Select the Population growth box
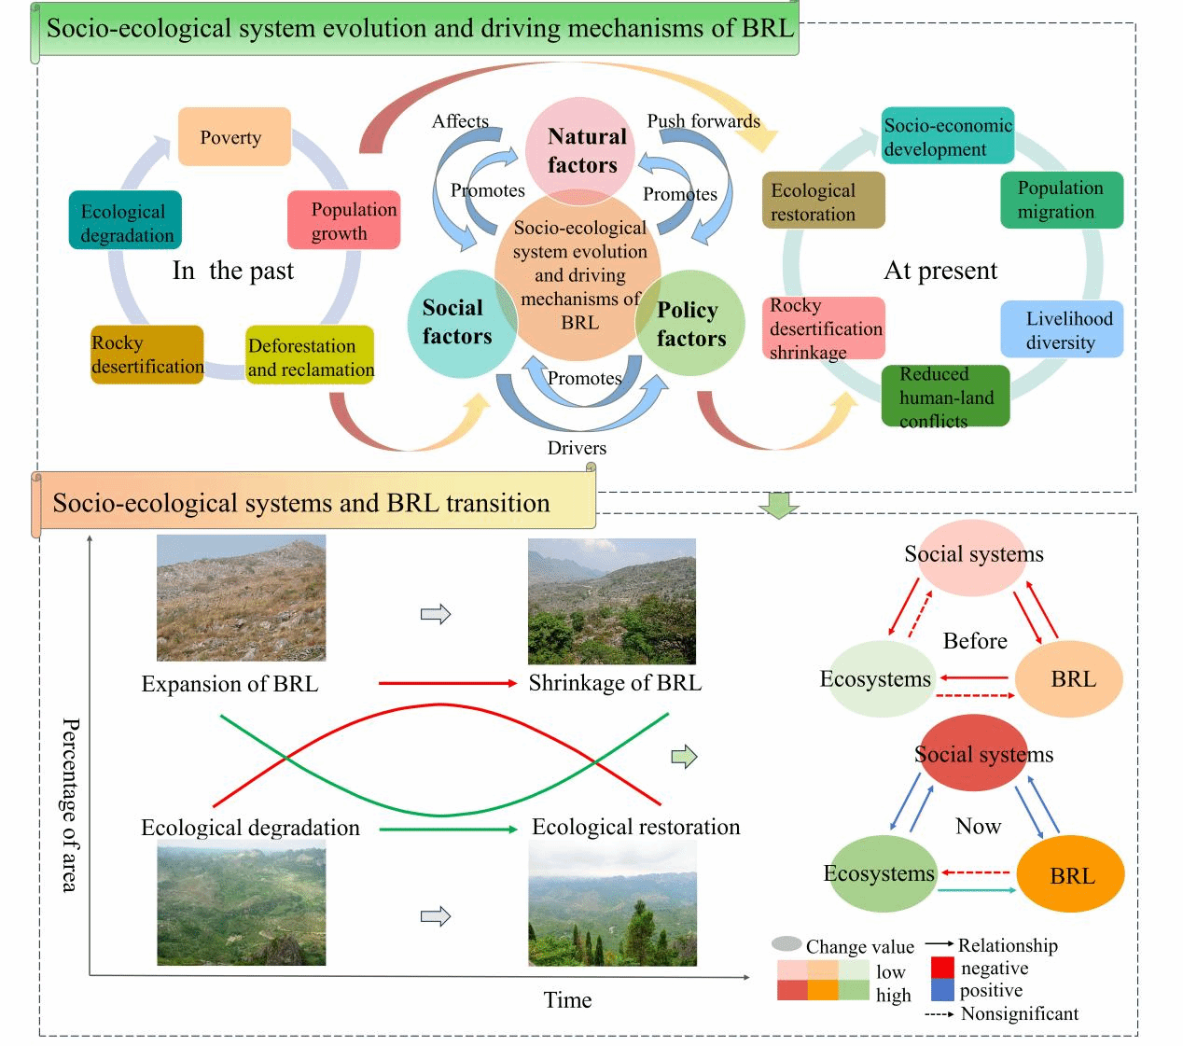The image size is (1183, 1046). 343,220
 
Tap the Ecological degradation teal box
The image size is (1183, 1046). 125,221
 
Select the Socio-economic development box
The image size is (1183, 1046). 947,136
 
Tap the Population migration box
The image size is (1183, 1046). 1061,200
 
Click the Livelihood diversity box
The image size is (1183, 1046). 1062,329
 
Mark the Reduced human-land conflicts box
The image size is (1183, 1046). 945,397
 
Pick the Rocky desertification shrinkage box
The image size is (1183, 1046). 825,328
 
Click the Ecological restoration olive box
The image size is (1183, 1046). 822,201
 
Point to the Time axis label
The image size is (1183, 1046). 567,1000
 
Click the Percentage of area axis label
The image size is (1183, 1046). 70,804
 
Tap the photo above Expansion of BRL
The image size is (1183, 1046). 241,598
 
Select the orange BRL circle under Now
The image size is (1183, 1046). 1071,874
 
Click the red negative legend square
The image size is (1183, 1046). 942,968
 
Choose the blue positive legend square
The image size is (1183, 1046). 942,990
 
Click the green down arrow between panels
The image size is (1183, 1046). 779,504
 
